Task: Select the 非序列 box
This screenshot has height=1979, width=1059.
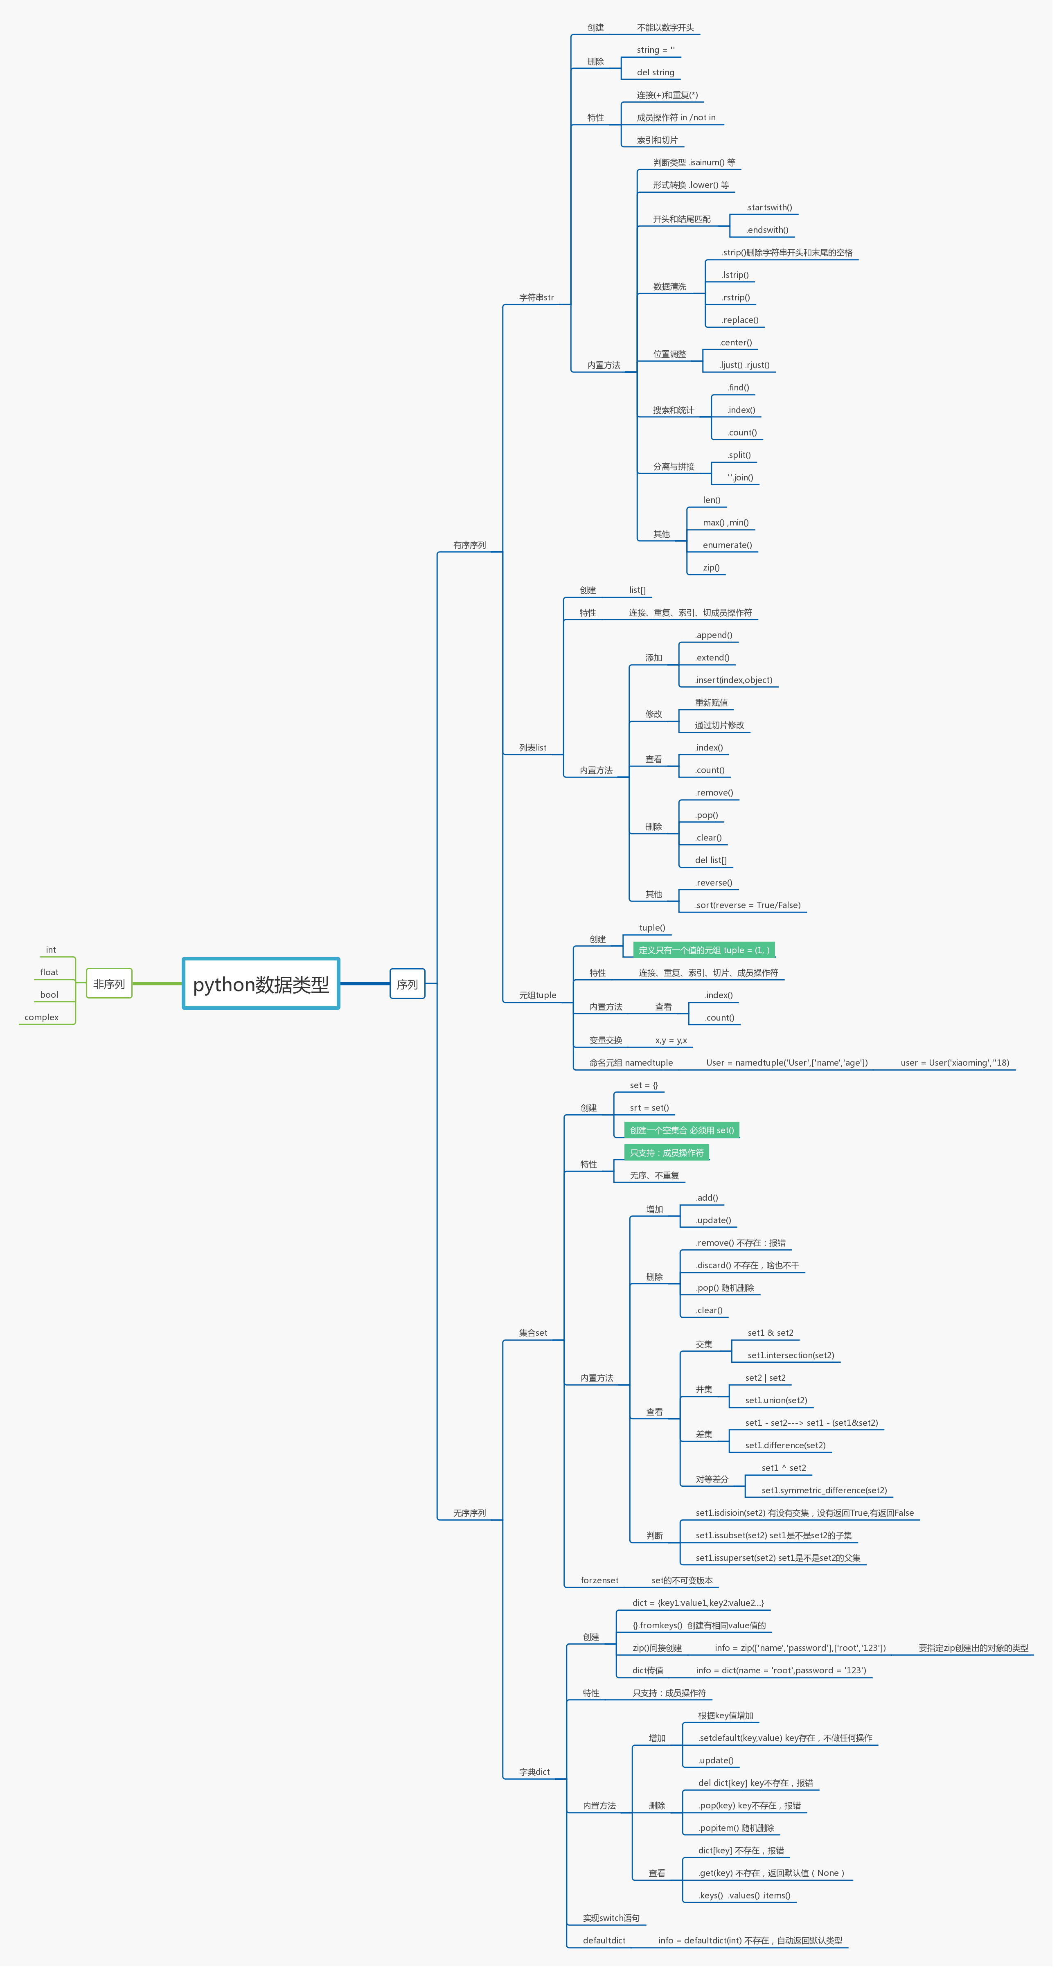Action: coord(109,984)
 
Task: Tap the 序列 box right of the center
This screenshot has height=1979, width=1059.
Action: coord(407,984)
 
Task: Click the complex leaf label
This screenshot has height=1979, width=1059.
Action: coord(41,1017)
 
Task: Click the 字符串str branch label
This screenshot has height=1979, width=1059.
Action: coord(536,298)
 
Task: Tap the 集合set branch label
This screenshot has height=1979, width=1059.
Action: coord(533,1333)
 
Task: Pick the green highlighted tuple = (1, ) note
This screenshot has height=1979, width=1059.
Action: coord(703,950)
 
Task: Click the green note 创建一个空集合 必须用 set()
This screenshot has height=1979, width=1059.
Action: coord(682,1130)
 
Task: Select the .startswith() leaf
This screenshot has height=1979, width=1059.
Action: coord(769,207)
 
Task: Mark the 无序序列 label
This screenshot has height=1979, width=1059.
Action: coord(469,1512)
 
